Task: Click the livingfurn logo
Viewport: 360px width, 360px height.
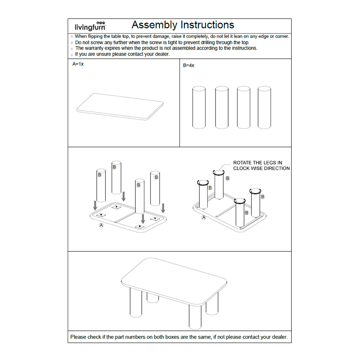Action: (90, 26)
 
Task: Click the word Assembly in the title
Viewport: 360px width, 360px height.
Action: (154, 25)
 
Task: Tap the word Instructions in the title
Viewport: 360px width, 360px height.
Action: (207, 25)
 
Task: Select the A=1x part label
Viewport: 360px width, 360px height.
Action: (78, 64)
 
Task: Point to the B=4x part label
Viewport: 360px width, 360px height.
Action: (189, 66)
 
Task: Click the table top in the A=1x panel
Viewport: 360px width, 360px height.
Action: (120, 106)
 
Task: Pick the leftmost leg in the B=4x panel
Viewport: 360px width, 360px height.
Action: (199, 107)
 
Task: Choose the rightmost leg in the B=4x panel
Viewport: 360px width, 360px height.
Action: (264, 107)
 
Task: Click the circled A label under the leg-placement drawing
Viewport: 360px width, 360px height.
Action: (101, 225)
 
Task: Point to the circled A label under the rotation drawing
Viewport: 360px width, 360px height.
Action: (204, 217)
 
